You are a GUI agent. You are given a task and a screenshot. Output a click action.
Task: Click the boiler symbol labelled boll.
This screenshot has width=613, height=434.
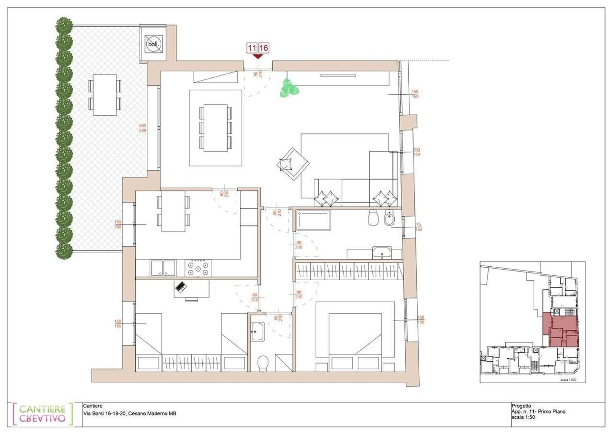(153, 44)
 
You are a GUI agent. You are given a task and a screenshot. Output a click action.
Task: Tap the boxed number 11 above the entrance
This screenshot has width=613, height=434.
(252, 48)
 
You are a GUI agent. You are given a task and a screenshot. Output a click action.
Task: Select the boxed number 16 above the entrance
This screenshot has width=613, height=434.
(264, 48)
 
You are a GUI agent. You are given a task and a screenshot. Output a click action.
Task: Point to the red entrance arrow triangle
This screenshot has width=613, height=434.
(258, 56)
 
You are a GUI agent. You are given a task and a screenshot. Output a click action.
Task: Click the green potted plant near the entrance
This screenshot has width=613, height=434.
(290, 88)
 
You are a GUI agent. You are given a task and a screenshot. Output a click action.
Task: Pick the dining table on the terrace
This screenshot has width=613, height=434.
(105, 94)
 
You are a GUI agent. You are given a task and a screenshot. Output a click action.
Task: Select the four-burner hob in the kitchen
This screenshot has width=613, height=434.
(198, 268)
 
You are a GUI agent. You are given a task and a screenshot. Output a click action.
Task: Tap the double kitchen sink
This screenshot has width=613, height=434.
(163, 268)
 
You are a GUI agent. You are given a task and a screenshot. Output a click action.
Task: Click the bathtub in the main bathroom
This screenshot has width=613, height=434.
(313, 220)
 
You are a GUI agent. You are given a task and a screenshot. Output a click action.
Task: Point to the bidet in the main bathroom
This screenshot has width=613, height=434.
(389, 220)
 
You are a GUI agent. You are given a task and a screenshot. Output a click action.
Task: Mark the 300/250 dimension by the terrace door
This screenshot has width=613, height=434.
(142, 128)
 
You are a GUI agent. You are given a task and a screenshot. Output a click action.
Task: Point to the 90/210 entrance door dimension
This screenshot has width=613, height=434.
(257, 74)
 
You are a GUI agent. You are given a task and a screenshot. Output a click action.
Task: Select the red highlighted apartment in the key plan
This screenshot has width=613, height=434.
(560, 329)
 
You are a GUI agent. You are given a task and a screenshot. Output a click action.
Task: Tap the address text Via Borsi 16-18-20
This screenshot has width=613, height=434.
(130, 414)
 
